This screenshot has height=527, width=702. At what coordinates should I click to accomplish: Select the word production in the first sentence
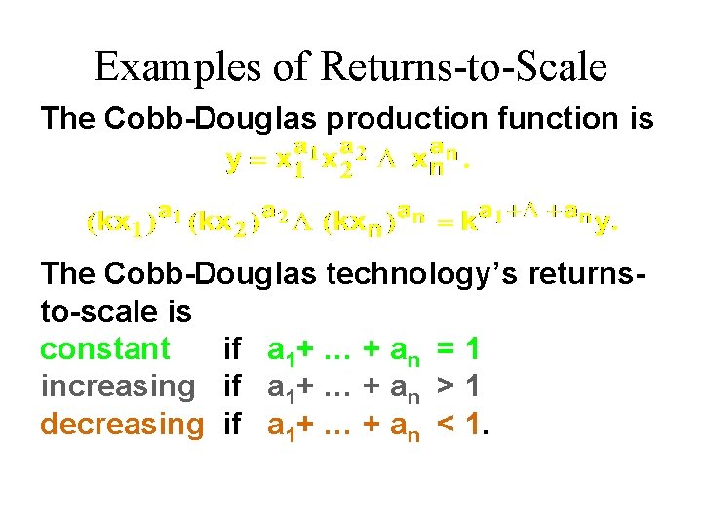(409, 119)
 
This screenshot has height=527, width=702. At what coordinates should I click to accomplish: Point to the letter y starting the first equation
(234, 163)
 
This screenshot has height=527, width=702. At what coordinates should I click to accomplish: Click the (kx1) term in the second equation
(112, 223)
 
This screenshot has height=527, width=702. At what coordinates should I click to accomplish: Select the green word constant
(105, 348)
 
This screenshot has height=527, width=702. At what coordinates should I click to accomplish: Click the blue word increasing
(119, 386)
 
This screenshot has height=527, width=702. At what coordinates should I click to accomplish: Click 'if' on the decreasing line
(232, 424)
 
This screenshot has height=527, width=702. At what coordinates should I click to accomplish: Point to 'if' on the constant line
(232, 348)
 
